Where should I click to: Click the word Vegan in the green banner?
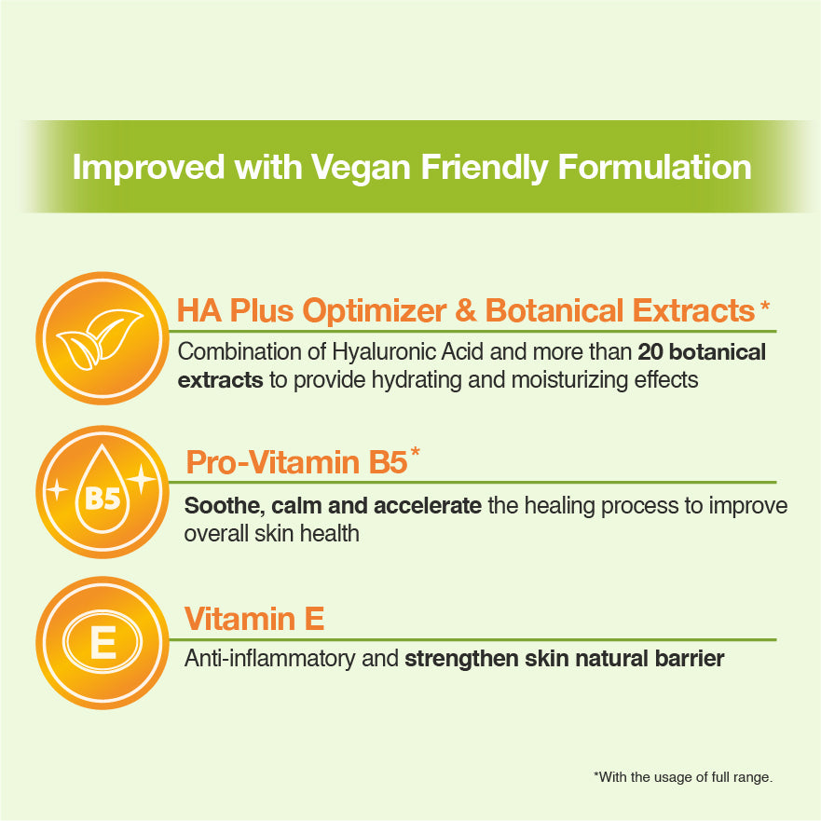361,169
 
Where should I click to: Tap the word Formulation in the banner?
654,168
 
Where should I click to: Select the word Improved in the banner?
149,169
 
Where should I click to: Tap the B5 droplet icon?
103,489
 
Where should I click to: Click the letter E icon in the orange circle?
103,642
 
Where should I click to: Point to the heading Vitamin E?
254,619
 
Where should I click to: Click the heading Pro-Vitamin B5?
296,462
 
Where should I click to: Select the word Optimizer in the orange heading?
375,310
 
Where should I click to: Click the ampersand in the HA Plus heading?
466,310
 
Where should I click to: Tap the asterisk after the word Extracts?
765,305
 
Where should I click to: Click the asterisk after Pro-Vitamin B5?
416,452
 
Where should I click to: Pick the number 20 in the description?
650,352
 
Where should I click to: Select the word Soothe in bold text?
224,506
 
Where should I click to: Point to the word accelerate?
428,506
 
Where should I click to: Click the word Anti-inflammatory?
269,659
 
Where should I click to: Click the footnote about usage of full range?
683,777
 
